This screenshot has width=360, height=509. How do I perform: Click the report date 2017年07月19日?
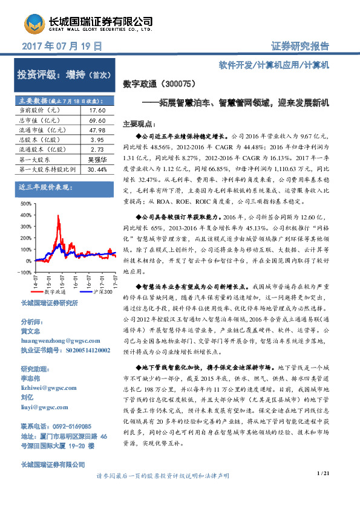pos(61,46)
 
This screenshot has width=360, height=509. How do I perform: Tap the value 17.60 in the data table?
pos(97,111)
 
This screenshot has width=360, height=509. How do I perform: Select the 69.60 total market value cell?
pos(97,121)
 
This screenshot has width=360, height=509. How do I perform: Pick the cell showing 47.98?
pos(97,130)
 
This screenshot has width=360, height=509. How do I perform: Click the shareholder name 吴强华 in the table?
pos(97,160)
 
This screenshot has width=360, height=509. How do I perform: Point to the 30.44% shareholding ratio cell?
pos(97,169)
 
